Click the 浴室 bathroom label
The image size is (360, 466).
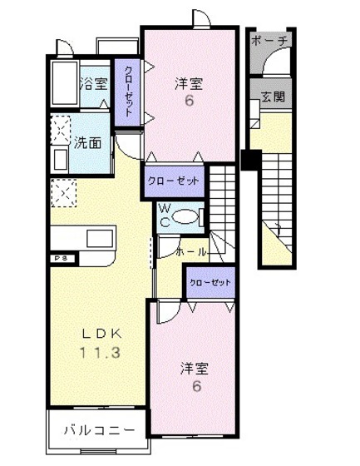click(93, 83)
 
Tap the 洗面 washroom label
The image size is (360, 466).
click(91, 142)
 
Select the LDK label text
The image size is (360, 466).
click(100, 333)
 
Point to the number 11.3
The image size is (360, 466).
click(100, 352)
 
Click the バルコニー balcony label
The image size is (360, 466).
click(99, 430)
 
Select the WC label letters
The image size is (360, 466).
click(165, 215)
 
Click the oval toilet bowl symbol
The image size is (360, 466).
click(189, 216)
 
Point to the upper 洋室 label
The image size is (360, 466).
click(189, 83)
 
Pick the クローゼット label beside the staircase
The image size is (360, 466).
click(175, 181)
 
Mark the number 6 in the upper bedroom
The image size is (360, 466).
click(189, 102)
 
